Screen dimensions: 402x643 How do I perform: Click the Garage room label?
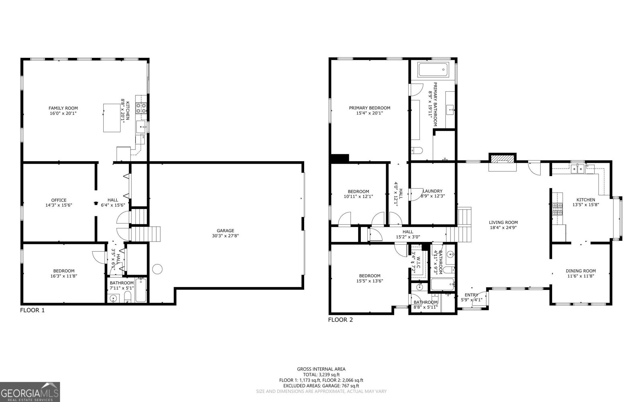click(x=225, y=231)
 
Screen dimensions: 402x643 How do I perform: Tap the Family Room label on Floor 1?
click(x=63, y=108)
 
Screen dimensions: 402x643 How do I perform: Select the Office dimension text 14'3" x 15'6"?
click(x=59, y=205)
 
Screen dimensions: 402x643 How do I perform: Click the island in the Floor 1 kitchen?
click(x=112, y=117)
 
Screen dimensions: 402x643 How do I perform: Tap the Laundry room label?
click(x=432, y=191)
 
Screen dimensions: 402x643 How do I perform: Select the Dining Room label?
click(x=581, y=271)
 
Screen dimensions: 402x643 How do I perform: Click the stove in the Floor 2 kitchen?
click(x=558, y=209)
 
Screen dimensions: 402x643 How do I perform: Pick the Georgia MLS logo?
click(x=30, y=392)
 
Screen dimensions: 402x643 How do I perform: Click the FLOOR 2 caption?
click(x=340, y=320)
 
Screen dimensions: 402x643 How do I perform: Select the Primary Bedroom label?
click(x=369, y=108)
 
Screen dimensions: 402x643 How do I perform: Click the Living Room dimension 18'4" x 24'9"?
click(x=503, y=228)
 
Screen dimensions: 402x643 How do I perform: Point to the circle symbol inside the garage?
click(x=157, y=269)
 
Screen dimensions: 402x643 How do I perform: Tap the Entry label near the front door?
click(x=471, y=295)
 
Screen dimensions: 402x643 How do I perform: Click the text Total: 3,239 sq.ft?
click(x=321, y=374)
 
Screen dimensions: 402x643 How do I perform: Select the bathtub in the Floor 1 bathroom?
click(x=141, y=290)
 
